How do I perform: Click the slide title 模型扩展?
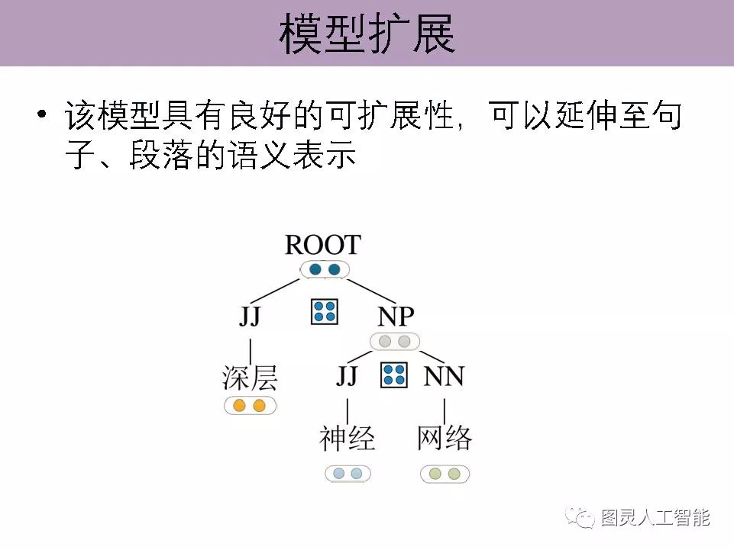(367, 34)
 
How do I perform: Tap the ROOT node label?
(322, 245)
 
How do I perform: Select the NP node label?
(396, 316)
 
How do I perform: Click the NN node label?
(444, 376)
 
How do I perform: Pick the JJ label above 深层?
(250, 316)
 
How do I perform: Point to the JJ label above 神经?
(347, 376)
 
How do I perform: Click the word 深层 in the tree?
(250, 377)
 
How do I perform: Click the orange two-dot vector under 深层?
(250, 405)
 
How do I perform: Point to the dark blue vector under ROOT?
(325, 269)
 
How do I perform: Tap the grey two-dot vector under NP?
(395, 341)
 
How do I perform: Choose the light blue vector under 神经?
(348, 474)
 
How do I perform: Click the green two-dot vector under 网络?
(445, 474)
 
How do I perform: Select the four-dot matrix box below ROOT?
(325, 311)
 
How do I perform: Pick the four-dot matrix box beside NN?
(394, 374)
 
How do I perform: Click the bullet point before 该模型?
(42, 116)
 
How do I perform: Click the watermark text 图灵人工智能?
(655, 518)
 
